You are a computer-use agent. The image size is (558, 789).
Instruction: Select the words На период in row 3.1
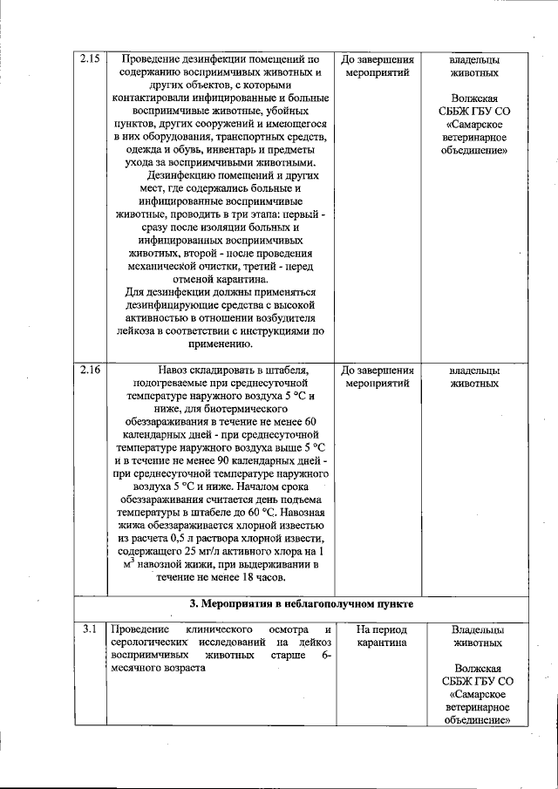[x=380, y=629]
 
